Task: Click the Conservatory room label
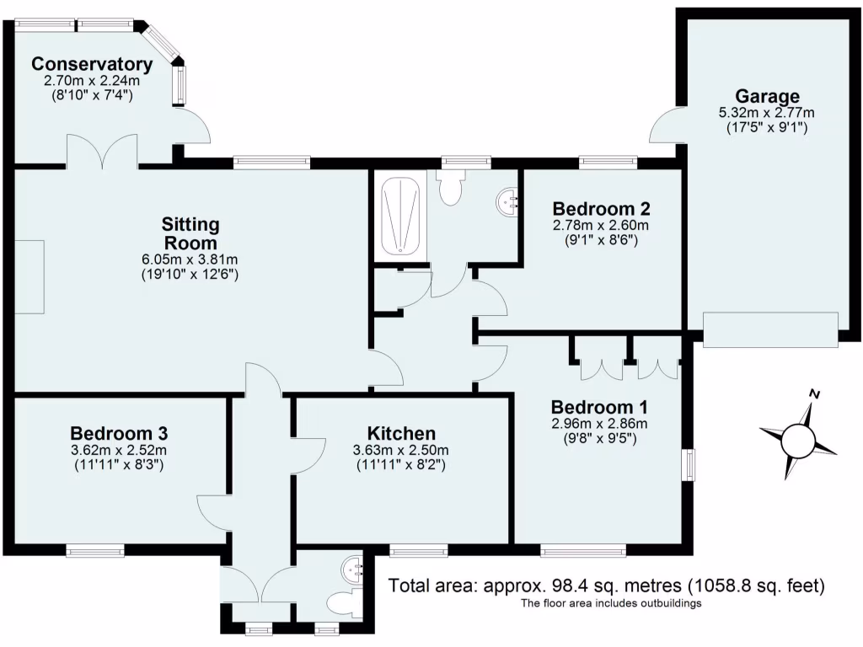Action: click(x=92, y=64)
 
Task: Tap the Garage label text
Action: click(x=766, y=96)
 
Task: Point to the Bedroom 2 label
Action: click(x=600, y=209)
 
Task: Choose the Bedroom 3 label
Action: click(x=119, y=433)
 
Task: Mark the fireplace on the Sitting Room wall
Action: click(x=29, y=276)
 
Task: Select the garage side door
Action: click(x=667, y=126)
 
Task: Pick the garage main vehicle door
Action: click(x=770, y=329)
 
